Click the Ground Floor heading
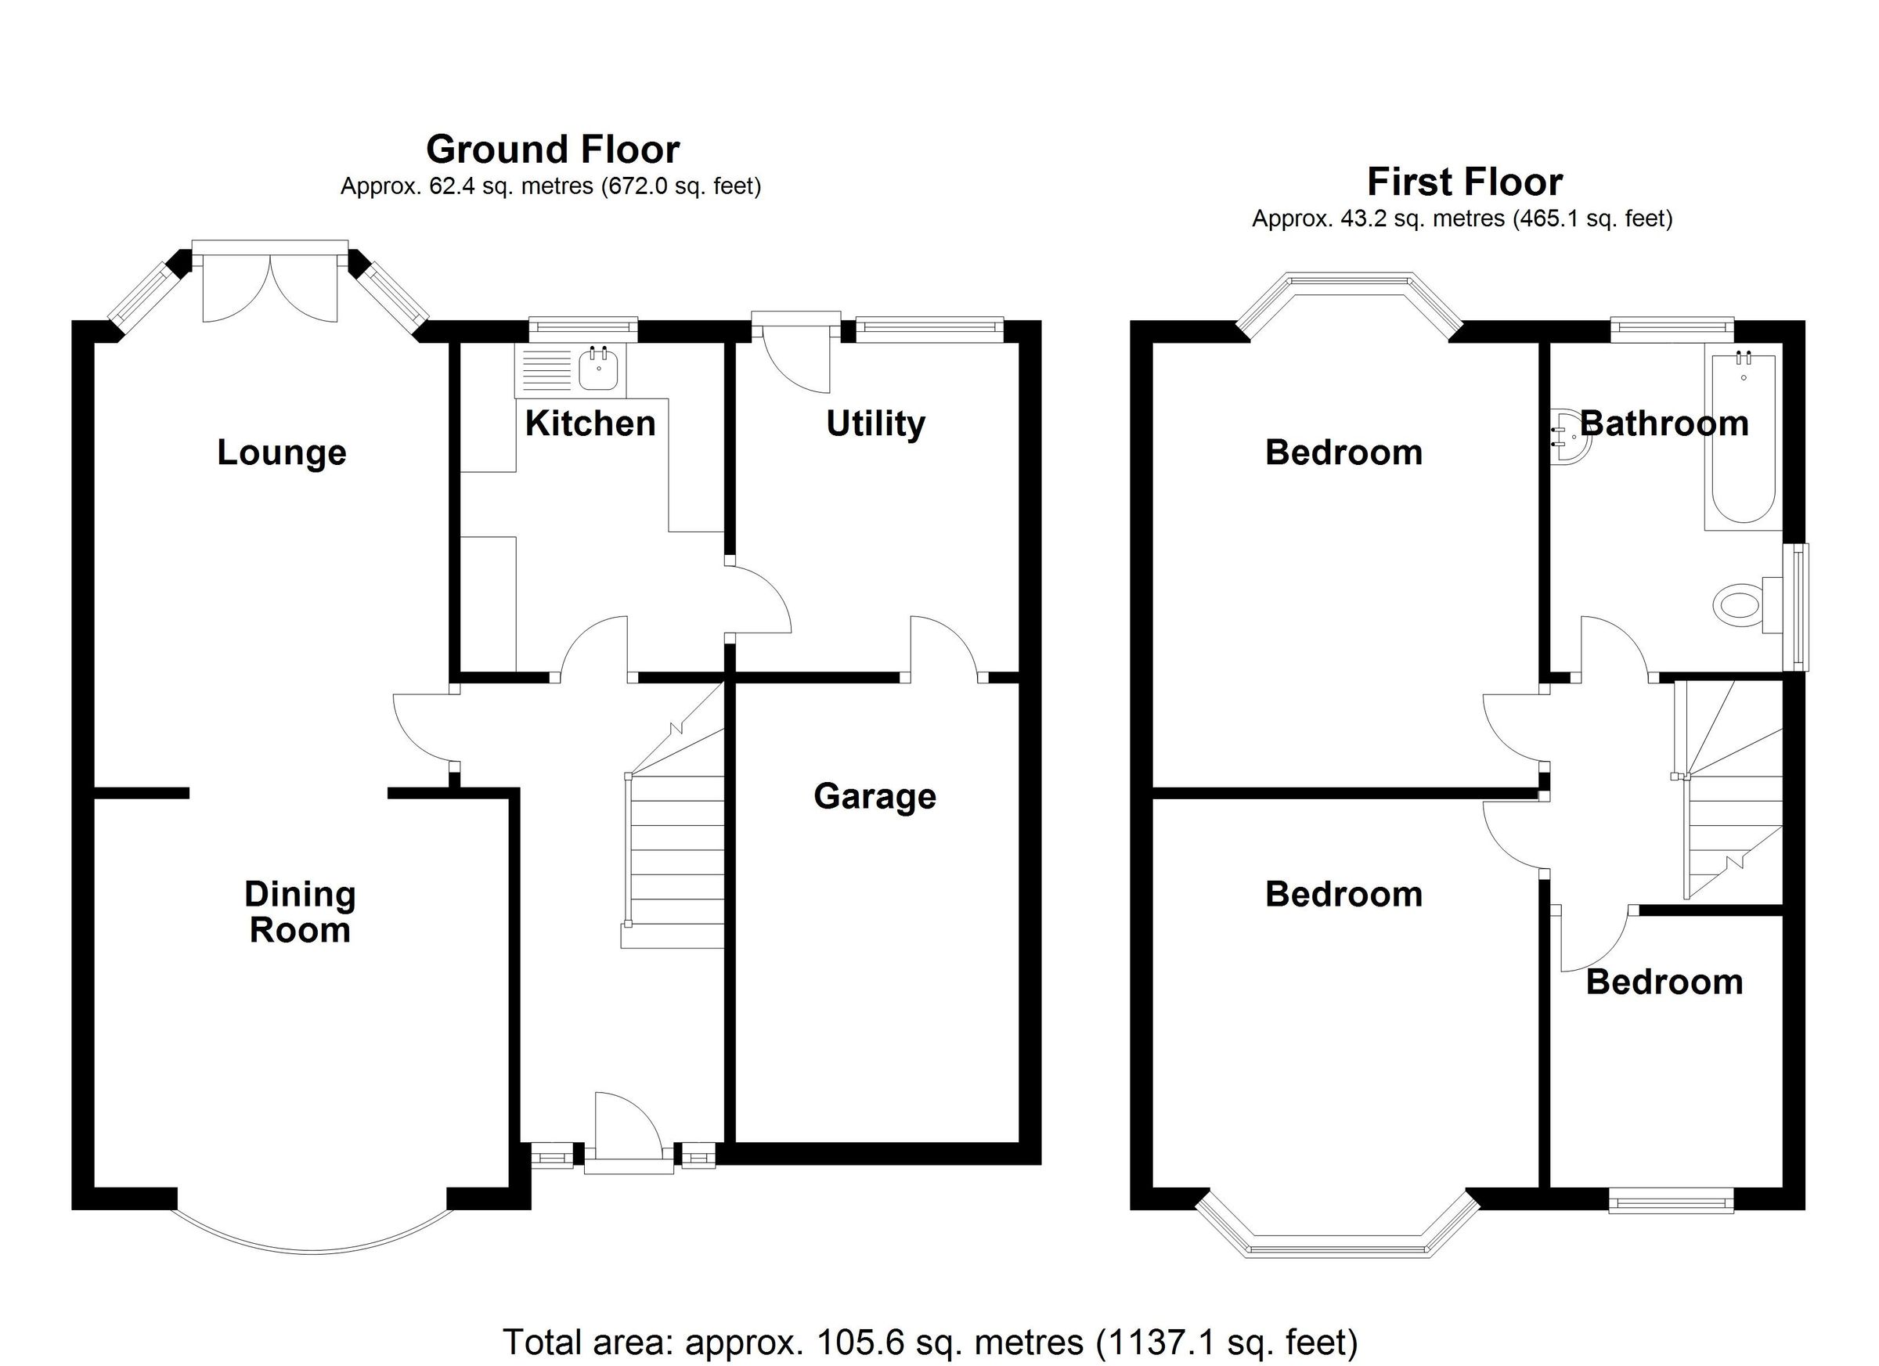click(x=553, y=150)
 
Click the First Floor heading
click(x=1464, y=182)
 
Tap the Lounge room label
click(x=282, y=453)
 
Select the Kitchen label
click(x=590, y=424)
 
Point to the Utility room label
click(x=875, y=424)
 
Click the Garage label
click(x=875, y=797)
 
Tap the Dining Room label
click(x=300, y=912)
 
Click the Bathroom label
click(x=1664, y=424)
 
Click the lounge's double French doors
click(x=270, y=286)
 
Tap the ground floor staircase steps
click(x=675, y=862)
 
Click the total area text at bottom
click(x=929, y=1342)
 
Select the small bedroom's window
click(x=1670, y=1201)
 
